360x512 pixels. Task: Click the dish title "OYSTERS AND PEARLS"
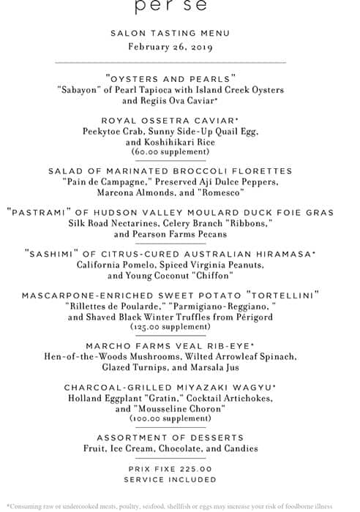pos(170,77)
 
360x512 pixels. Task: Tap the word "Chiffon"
pos(211,276)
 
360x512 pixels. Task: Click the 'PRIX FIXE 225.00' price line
pos(170,469)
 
